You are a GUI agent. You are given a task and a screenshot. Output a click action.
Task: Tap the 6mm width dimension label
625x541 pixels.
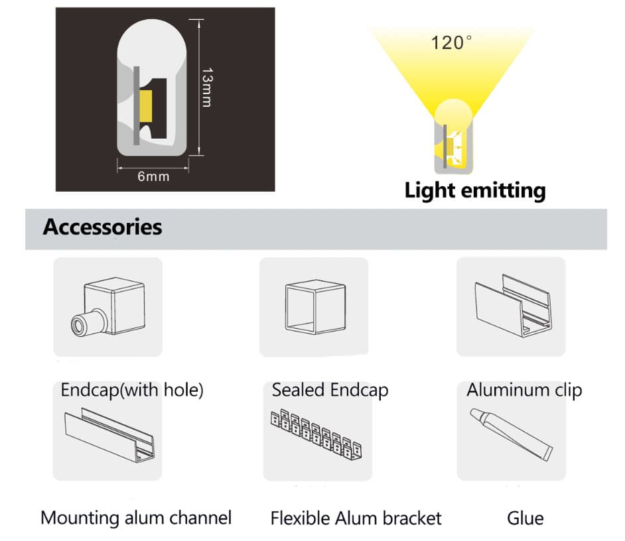153,176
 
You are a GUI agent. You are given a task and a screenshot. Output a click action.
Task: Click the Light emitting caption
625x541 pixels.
475,191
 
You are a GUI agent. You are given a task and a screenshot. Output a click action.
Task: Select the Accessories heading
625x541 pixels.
102,227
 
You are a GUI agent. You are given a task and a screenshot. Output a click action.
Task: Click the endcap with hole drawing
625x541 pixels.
108,306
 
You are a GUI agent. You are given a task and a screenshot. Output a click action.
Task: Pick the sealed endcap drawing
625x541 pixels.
314,306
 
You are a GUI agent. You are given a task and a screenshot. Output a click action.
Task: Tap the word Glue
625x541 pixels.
525,517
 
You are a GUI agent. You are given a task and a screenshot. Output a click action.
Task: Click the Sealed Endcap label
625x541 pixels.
330,390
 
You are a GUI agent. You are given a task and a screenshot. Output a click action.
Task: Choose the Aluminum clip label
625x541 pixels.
523,389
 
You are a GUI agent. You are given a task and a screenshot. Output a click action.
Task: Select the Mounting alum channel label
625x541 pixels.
136,517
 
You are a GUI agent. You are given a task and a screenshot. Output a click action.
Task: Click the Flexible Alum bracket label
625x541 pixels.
356,517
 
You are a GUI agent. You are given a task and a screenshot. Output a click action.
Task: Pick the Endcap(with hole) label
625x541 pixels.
132,390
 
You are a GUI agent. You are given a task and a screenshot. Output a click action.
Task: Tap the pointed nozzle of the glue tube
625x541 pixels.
474,413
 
